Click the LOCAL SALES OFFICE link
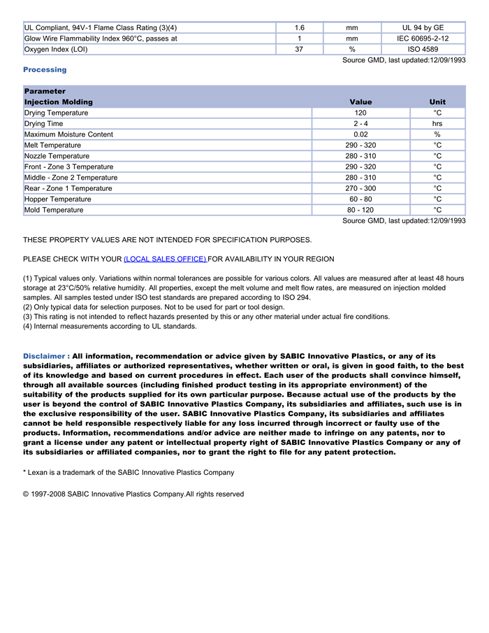(x=165, y=259)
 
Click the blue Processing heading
(x=45, y=70)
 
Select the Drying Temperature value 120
(x=360, y=113)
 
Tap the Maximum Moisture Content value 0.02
(x=360, y=134)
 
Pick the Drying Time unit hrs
(x=437, y=124)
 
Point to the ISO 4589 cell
(x=423, y=50)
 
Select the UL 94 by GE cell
(x=423, y=27)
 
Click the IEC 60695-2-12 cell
(x=423, y=38)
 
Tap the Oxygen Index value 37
(x=299, y=50)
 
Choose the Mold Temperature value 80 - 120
(x=360, y=210)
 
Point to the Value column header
(x=360, y=102)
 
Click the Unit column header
(x=437, y=102)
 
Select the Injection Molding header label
(x=58, y=102)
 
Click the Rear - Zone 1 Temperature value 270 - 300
(x=360, y=188)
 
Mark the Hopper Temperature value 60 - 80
(x=360, y=199)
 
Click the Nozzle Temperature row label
(x=57, y=156)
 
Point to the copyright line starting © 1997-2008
(x=133, y=494)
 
